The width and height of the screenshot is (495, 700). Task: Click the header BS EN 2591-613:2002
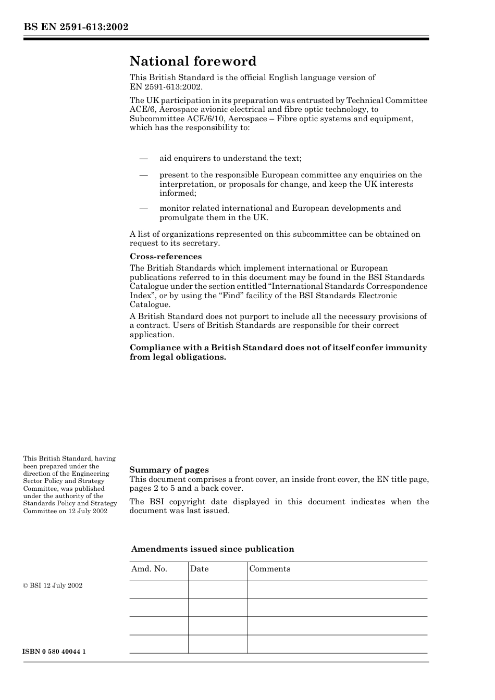(76, 27)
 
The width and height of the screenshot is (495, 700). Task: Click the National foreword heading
(193, 61)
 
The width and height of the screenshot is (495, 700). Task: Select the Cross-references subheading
(165, 257)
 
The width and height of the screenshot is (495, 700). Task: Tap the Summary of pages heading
(169, 470)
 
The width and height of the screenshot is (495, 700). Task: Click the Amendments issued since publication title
(213, 549)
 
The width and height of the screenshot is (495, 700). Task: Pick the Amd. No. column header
(149, 569)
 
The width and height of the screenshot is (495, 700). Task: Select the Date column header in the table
(199, 569)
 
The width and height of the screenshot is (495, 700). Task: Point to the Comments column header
(269, 569)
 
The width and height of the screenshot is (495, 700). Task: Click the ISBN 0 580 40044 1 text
(54, 652)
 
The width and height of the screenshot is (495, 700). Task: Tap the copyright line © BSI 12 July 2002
(53, 586)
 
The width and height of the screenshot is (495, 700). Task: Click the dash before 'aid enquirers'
(144, 158)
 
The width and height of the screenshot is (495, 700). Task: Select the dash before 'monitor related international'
(144, 208)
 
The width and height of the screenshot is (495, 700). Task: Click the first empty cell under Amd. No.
(158, 589)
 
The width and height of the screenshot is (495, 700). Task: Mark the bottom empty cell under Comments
(337, 644)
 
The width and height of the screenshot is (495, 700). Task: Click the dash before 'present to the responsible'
(144, 175)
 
